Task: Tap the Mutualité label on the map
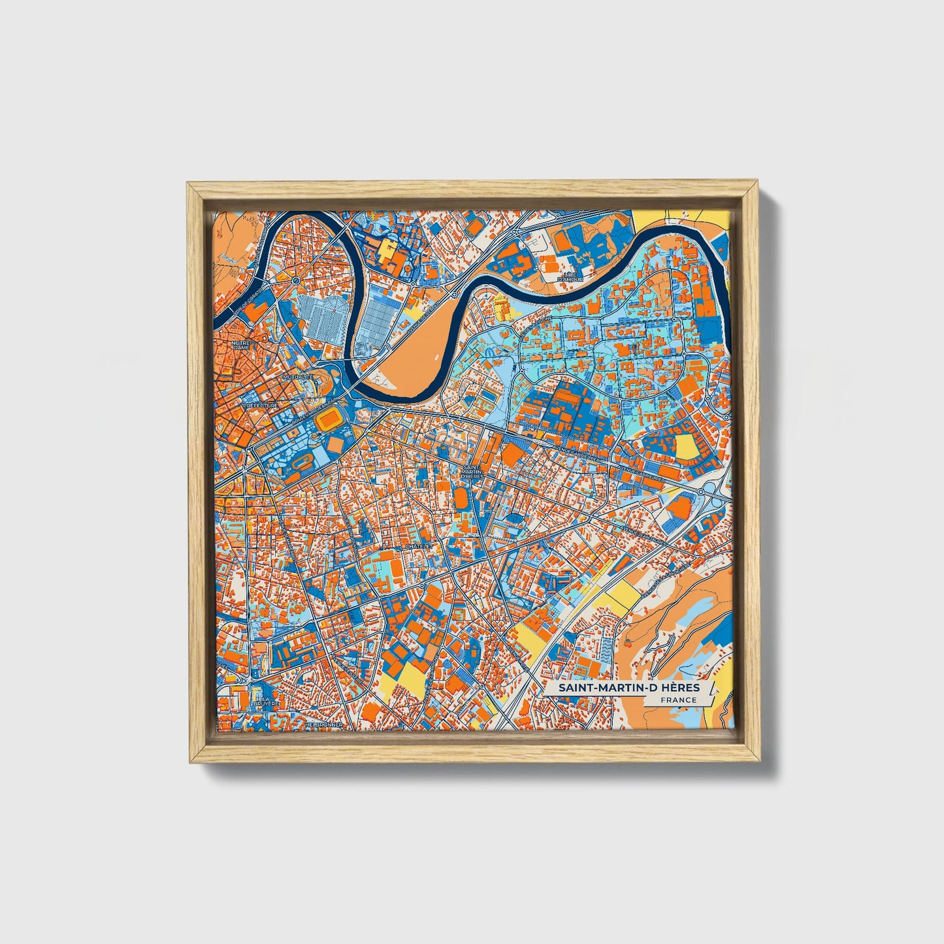[x=298, y=378]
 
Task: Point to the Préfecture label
[x=261, y=406]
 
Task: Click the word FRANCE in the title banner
[x=677, y=700]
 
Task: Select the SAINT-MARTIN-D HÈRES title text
[x=628, y=689]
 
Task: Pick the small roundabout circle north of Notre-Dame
[x=296, y=281]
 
